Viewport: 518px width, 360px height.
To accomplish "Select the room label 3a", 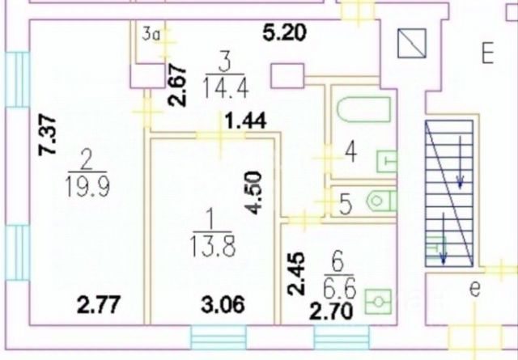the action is pyautogui.click(x=151, y=34).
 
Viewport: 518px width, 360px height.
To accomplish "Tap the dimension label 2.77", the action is pyautogui.click(x=94, y=305).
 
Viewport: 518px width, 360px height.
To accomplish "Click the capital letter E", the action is pyautogui.click(x=486, y=55).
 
